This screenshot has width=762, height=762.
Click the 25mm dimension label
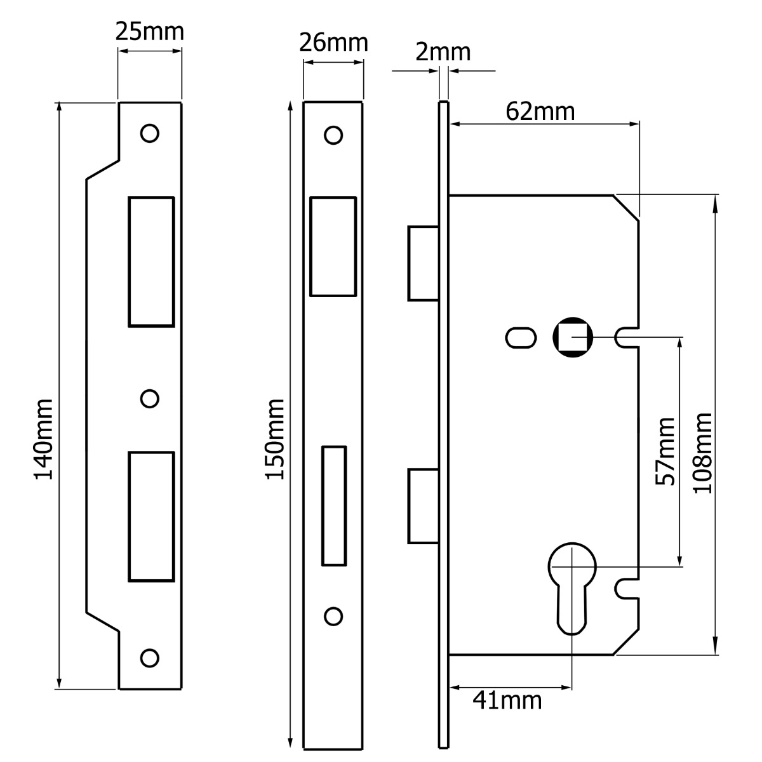pyautogui.click(x=149, y=31)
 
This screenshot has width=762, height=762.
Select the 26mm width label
pyautogui.click(x=334, y=43)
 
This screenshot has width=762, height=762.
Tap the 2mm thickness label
pyautogui.click(x=443, y=51)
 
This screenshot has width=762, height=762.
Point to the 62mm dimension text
pyautogui.click(x=540, y=111)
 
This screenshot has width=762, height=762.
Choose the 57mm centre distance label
pyautogui.click(x=665, y=451)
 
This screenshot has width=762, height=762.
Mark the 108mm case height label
pyautogui.click(x=702, y=452)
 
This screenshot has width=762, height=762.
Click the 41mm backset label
pyautogui.click(x=507, y=700)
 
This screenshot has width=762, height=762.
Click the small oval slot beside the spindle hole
pyautogui.click(x=521, y=337)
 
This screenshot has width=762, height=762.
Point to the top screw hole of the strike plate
pyautogui.click(x=150, y=133)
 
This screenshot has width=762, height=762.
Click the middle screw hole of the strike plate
pyautogui.click(x=149, y=398)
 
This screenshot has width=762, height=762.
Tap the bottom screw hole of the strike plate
pyautogui.click(x=150, y=658)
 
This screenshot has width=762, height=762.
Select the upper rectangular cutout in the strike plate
pyautogui.click(x=151, y=261)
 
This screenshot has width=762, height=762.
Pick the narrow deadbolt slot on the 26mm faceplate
pyautogui.click(x=334, y=505)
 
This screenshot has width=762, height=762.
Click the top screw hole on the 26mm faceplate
pyautogui.click(x=333, y=135)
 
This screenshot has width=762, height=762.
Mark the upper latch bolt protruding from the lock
pyautogui.click(x=422, y=262)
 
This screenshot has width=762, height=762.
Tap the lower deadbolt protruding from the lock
pyautogui.click(x=422, y=506)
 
